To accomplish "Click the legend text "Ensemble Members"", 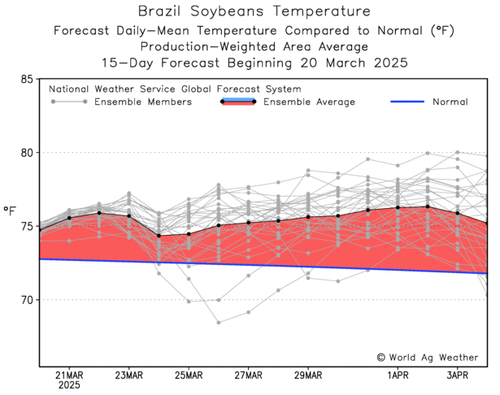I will [143, 102].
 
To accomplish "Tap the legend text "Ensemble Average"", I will [310, 102].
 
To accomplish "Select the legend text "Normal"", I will [450, 102].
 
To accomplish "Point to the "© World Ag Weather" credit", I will [428, 357].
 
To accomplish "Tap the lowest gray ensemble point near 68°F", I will [219, 323].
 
